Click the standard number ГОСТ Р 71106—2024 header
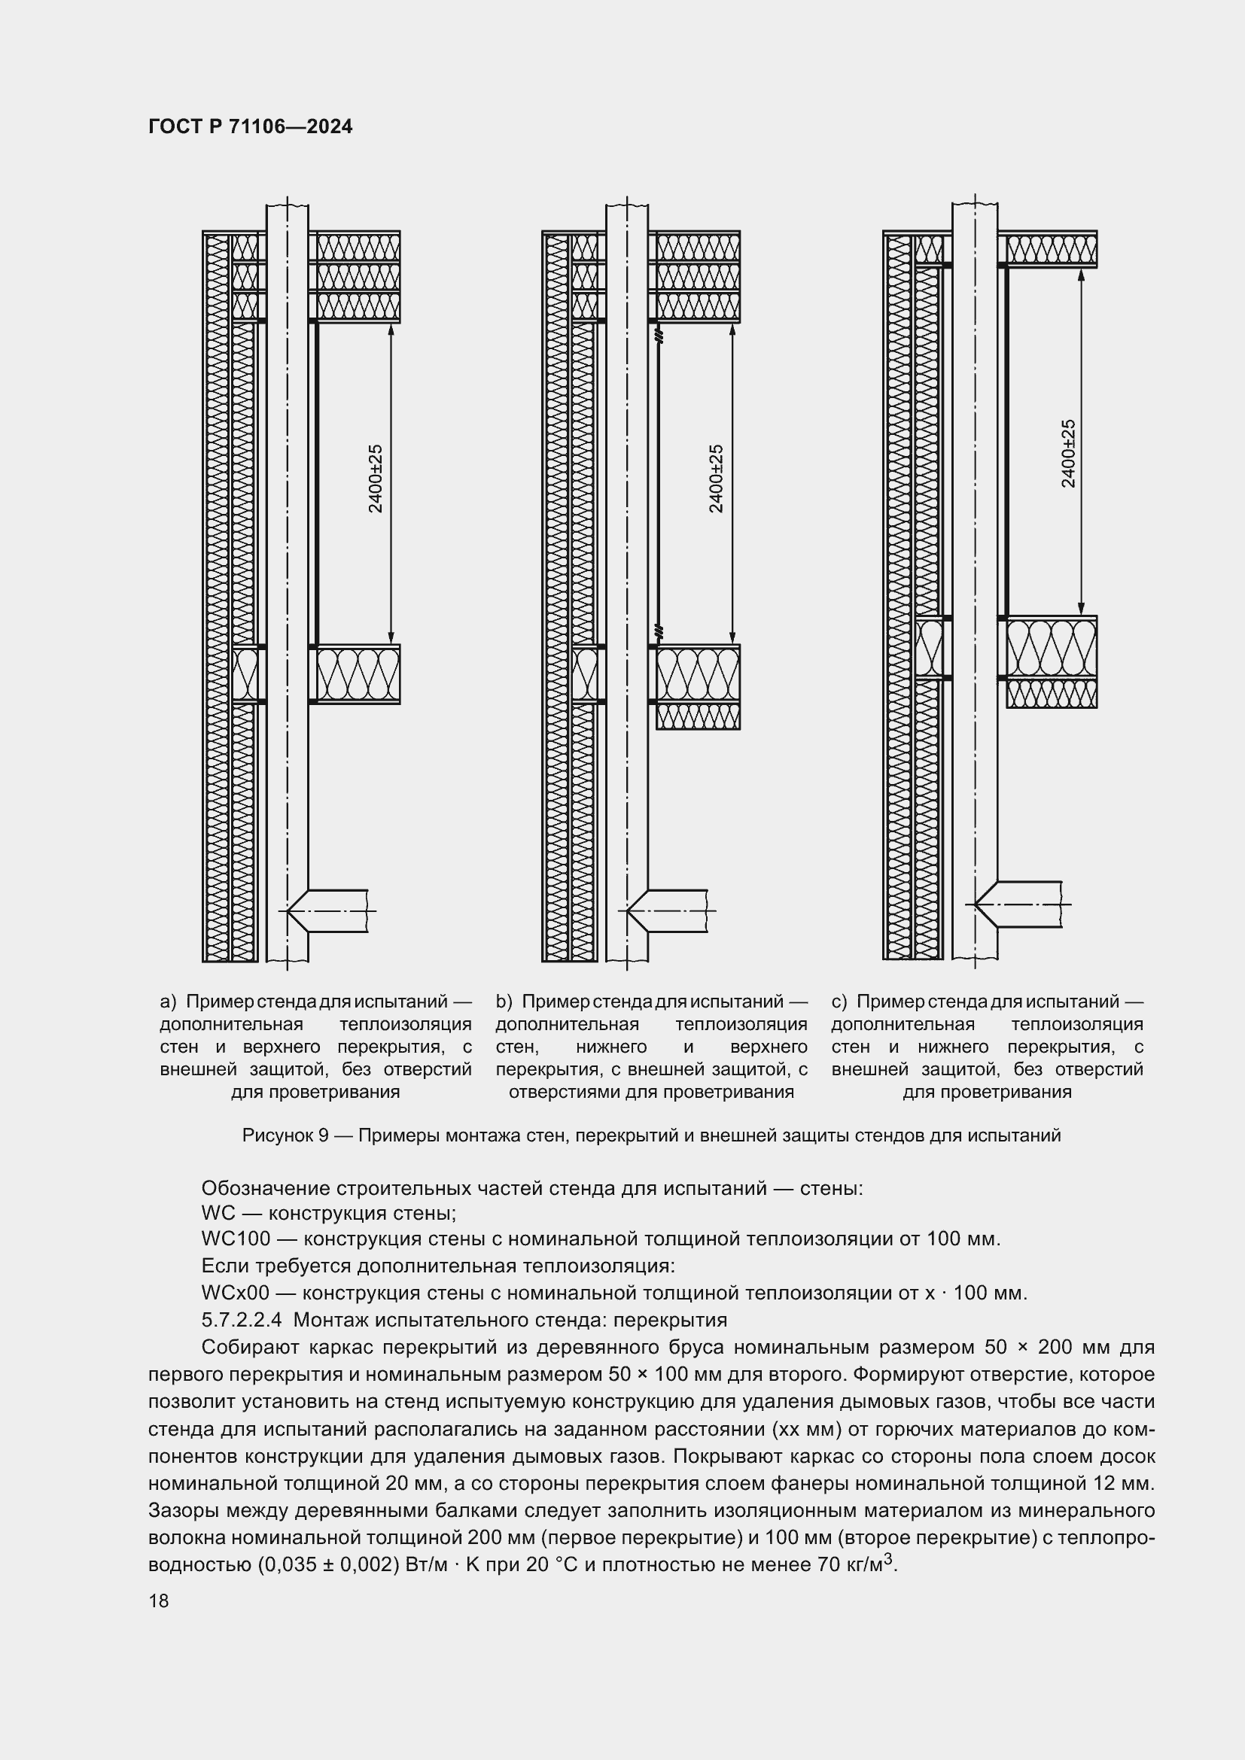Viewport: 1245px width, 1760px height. pos(250,127)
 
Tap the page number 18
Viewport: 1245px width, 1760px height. pos(159,1600)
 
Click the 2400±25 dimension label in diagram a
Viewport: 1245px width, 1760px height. pos(376,479)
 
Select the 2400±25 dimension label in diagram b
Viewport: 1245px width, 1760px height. pos(716,479)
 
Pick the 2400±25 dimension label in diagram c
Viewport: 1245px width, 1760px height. pos(1068,453)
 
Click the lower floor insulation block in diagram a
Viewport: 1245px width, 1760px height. pos(358,674)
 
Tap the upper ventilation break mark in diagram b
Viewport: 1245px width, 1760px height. pos(658,336)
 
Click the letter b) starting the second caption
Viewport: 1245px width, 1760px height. pos(503,1002)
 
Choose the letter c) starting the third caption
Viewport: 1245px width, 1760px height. pos(839,1002)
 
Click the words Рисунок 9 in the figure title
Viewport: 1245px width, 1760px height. pos(285,1135)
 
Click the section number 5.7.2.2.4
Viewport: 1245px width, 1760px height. pos(242,1320)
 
